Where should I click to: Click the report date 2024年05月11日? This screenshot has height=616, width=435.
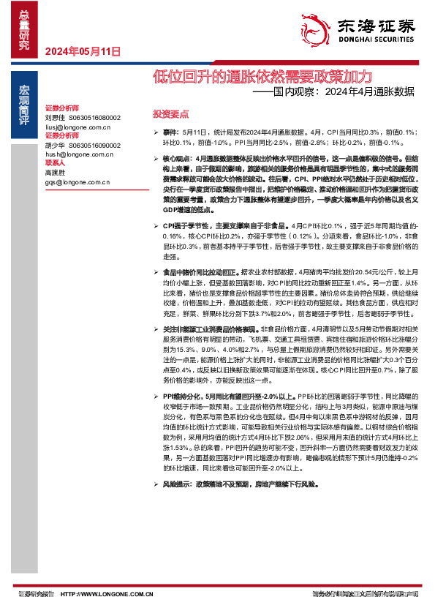tap(82, 52)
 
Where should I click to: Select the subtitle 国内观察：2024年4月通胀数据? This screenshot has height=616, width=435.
tap(344, 92)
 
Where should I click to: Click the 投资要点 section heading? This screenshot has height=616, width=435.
tap(170, 115)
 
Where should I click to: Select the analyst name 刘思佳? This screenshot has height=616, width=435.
tap(55, 117)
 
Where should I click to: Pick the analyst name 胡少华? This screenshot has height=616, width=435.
tap(55, 145)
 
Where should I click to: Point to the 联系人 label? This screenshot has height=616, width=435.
tap(56, 163)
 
